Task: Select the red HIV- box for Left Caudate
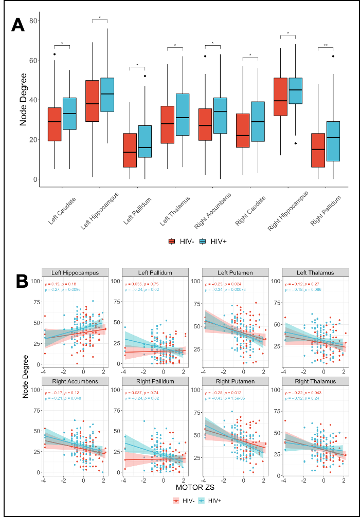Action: [x=55, y=124]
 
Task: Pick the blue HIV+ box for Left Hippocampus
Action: [x=107, y=95]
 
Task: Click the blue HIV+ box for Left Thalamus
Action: [x=183, y=115]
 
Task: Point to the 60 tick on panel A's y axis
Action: [x=35, y=60]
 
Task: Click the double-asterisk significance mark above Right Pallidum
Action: [x=326, y=46]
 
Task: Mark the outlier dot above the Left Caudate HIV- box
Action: [x=55, y=54]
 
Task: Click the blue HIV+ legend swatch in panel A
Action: [x=203, y=242]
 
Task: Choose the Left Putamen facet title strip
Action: [x=235, y=272]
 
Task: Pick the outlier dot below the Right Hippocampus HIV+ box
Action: [x=296, y=143]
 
